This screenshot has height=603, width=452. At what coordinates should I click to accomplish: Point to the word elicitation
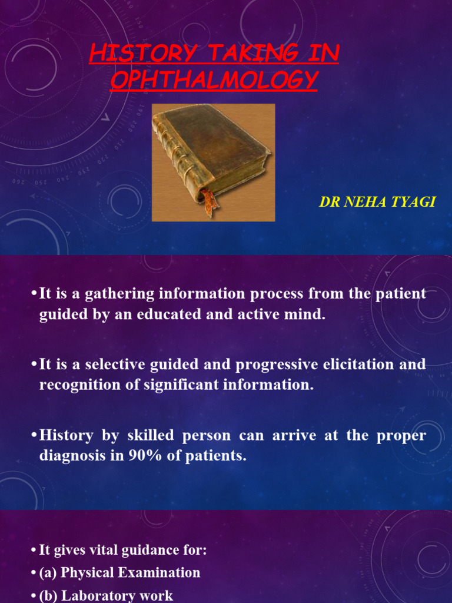[x=358, y=365]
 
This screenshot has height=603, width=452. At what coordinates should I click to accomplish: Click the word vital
[x=99, y=551]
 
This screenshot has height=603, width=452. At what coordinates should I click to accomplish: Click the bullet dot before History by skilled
[x=34, y=436]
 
